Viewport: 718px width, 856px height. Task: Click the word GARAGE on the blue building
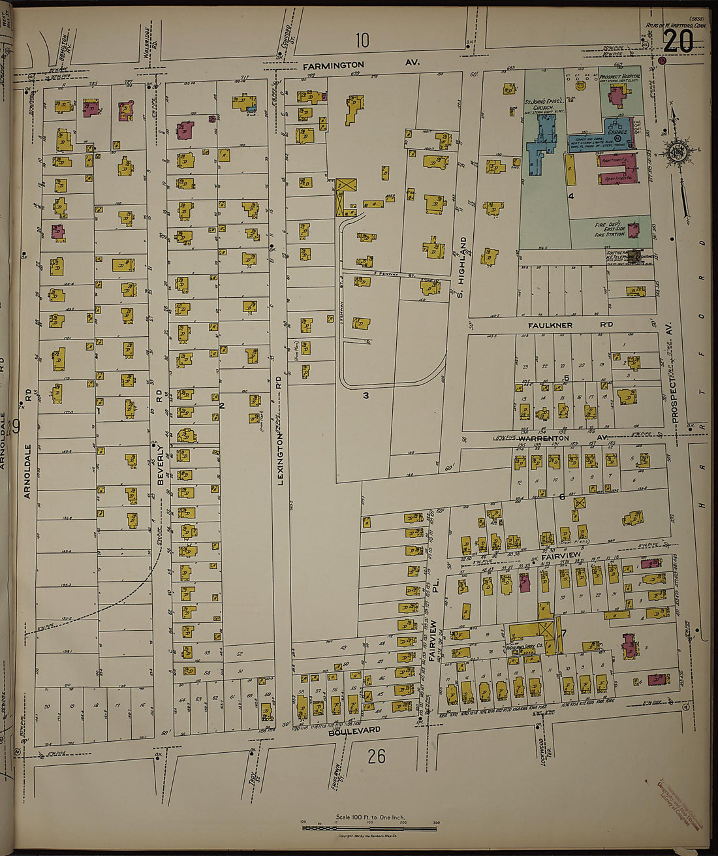pos(617,131)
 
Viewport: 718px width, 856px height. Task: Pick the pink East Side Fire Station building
pos(632,229)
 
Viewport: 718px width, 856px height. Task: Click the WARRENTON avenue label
pos(544,438)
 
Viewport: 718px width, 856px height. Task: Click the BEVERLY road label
pos(159,464)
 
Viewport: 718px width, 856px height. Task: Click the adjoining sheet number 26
pos(376,756)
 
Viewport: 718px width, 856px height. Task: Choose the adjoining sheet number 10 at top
pos(362,40)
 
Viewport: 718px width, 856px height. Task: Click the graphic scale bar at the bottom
pos(369,828)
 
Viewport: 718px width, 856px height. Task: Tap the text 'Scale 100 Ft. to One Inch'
pos(369,817)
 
